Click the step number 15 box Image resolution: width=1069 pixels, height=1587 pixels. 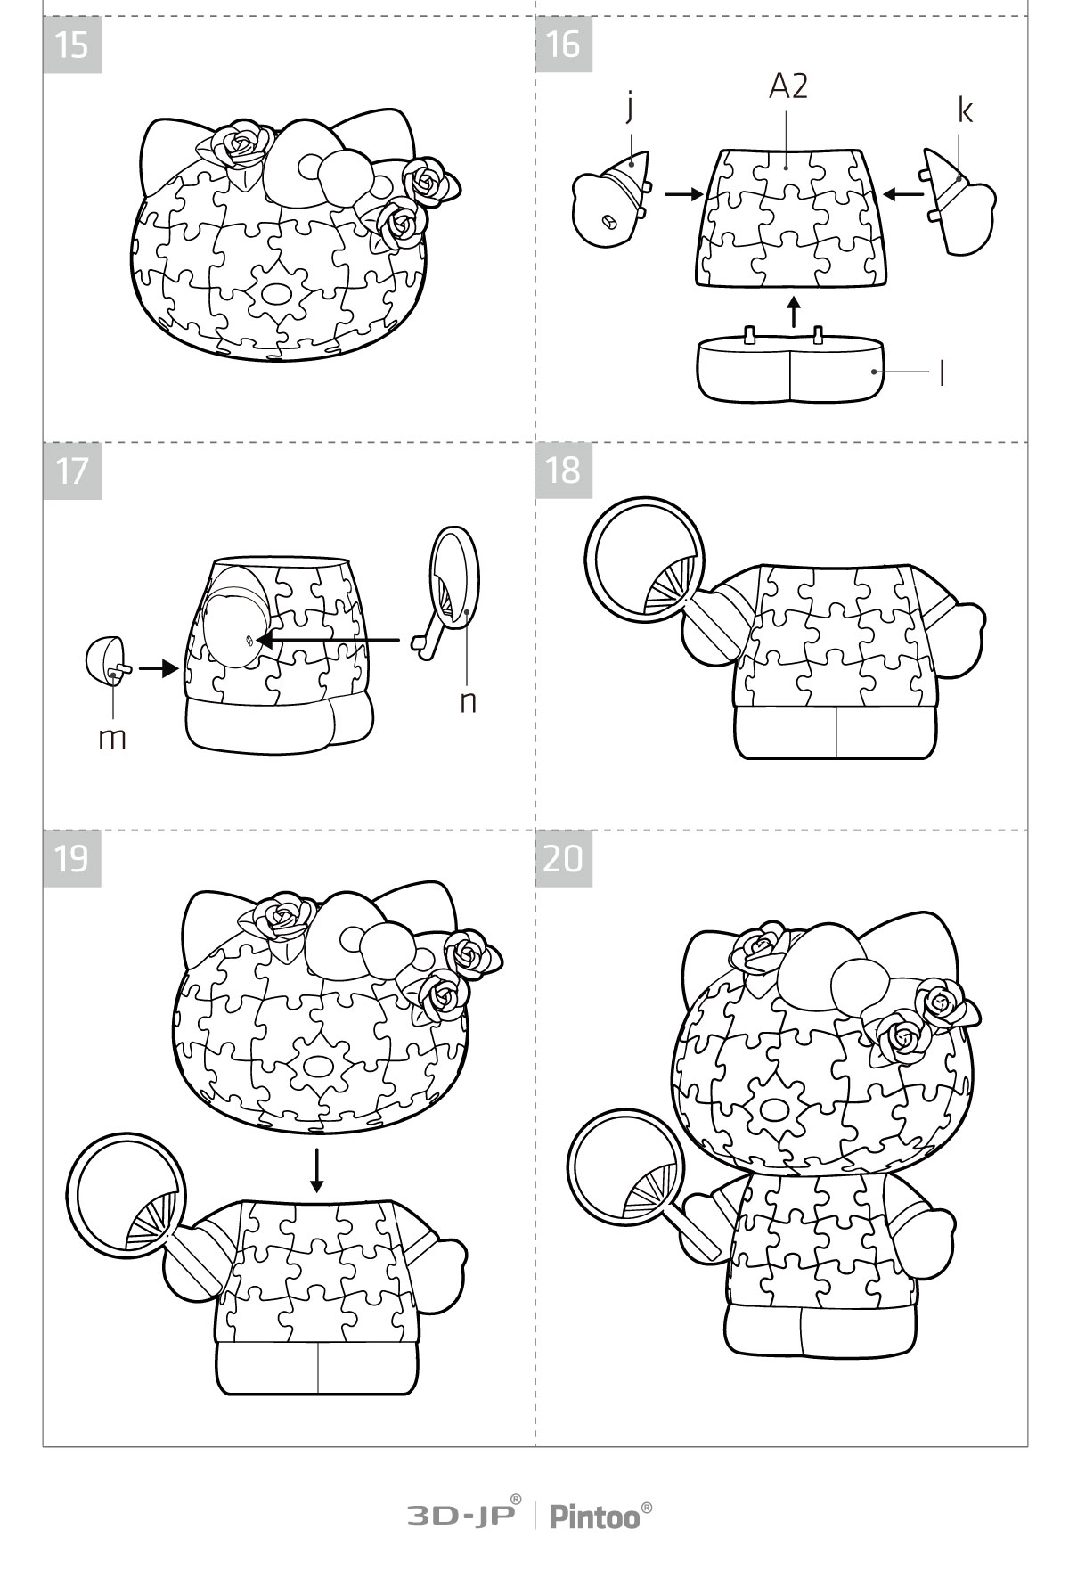(72, 45)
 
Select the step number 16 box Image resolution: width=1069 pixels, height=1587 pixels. (564, 45)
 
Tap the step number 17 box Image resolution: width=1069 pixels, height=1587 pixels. (72, 470)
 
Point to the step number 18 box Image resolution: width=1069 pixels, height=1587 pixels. (564, 470)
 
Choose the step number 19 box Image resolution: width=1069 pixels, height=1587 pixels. (72, 858)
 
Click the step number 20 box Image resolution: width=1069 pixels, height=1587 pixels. (564, 858)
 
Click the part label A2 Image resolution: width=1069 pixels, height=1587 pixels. (788, 86)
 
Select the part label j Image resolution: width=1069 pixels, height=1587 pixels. (629, 108)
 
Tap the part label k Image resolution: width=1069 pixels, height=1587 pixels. (965, 110)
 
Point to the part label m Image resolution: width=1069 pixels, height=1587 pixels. (112, 739)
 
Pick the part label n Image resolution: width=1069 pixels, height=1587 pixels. (468, 702)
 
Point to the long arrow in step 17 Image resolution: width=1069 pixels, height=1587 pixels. (328, 639)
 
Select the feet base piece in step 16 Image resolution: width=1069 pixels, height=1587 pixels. (790, 365)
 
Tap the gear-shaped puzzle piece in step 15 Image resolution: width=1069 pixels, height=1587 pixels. (276, 295)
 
